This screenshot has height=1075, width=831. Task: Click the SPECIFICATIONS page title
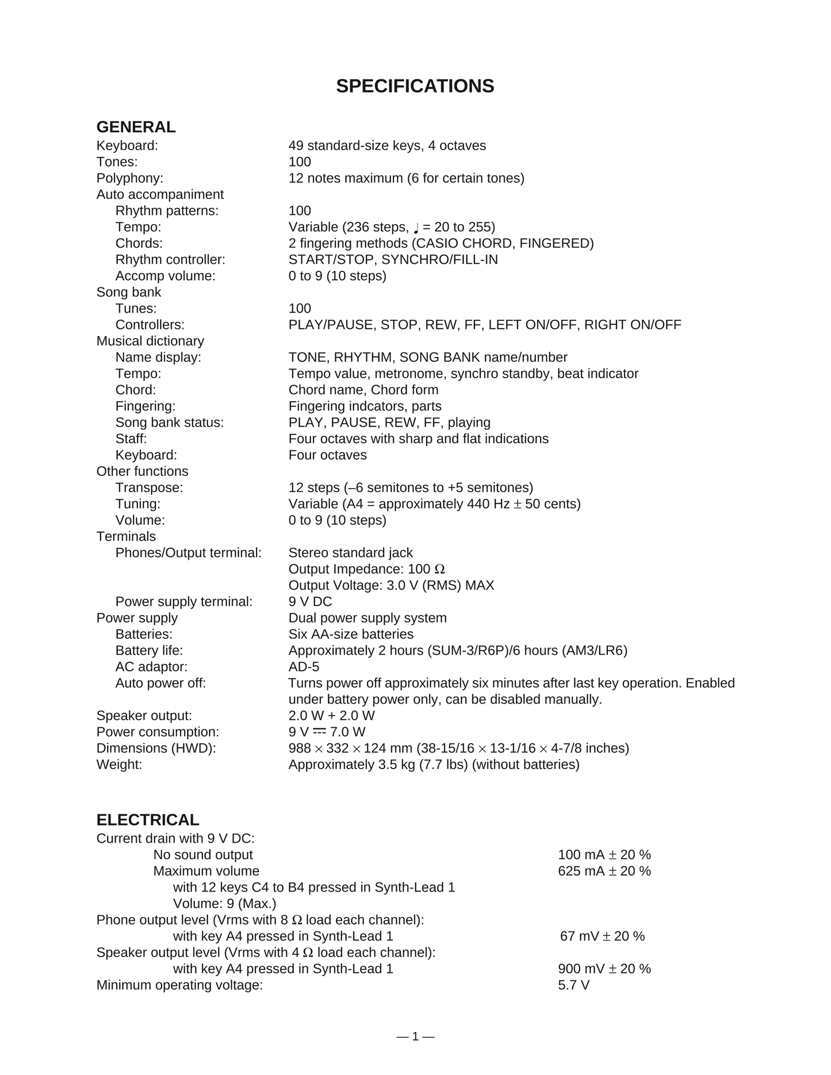click(415, 86)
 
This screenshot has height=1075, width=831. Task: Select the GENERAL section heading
click(136, 127)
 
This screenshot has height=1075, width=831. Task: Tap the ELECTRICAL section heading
click(148, 820)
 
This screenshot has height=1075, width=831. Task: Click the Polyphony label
click(130, 178)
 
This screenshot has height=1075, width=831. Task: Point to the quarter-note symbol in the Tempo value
click(416, 227)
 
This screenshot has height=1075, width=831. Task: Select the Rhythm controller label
click(170, 260)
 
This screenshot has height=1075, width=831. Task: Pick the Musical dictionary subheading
click(150, 341)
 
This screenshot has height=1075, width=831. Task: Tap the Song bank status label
click(170, 423)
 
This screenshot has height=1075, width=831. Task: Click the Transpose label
click(149, 487)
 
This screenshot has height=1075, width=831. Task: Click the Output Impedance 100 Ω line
click(366, 569)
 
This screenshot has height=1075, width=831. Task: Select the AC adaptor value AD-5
click(304, 667)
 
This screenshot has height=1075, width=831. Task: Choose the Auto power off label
click(160, 683)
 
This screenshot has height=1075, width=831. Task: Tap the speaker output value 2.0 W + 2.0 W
click(331, 716)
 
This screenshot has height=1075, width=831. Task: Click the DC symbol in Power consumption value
click(320, 731)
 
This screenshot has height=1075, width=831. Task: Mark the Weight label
click(119, 765)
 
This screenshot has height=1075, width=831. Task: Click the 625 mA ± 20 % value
click(604, 871)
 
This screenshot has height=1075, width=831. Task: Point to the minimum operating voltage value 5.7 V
click(573, 985)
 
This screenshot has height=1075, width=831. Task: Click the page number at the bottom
click(415, 1036)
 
